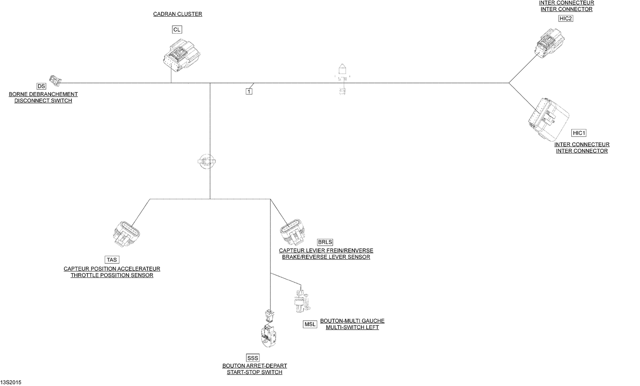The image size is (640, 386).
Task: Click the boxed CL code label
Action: tap(177, 29)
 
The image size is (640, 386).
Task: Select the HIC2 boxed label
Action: tap(566, 18)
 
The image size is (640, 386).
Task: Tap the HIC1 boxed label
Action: tap(579, 133)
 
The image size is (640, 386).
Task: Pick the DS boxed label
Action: tap(41, 86)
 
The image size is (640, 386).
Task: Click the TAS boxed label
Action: tap(112, 260)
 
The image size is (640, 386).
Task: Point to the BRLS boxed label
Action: tap(325, 242)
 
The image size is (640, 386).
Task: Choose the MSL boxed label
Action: tap(310, 324)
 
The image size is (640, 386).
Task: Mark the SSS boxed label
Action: tap(253, 358)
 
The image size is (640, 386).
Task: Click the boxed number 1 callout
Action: tap(249, 91)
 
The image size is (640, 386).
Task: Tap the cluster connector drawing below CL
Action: tap(182, 55)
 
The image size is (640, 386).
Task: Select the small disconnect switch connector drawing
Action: tap(55, 80)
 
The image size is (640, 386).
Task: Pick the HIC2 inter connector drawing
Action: tap(549, 43)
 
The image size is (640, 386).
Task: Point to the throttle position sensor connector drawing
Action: tap(126, 234)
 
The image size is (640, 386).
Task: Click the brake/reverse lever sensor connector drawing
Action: tap(292, 232)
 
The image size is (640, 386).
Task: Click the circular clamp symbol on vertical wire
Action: tap(207, 162)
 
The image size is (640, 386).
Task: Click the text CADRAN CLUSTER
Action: tap(177, 14)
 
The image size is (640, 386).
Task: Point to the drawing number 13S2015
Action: tap(11, 382)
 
